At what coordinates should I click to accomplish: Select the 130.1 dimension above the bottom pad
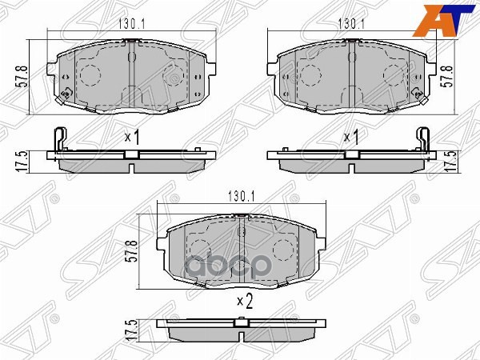tap(242, 194)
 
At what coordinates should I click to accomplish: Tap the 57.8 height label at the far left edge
tap(24, 77)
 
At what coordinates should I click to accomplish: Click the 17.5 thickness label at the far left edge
tap(24, 158)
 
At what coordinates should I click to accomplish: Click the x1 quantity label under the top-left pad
tap(132, 138)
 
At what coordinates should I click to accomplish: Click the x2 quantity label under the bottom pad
tap(244, 302)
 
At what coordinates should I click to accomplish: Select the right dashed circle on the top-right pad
tap(393, 76)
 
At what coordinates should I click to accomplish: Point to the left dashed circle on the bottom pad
tap(200, 248)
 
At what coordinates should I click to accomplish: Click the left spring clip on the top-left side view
tap(57, 142)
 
